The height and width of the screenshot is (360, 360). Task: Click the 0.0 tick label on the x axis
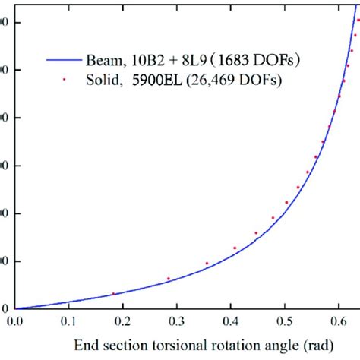point(15,321)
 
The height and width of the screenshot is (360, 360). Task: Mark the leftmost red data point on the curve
point(114,293)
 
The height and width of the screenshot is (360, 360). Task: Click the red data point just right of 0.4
point(235,248)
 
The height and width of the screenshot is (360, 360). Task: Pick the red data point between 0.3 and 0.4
point(207,264)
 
